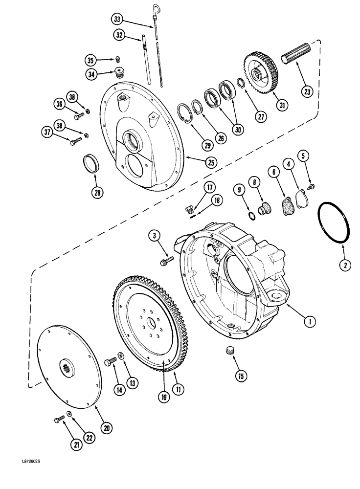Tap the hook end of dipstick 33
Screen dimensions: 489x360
(154, 6)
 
